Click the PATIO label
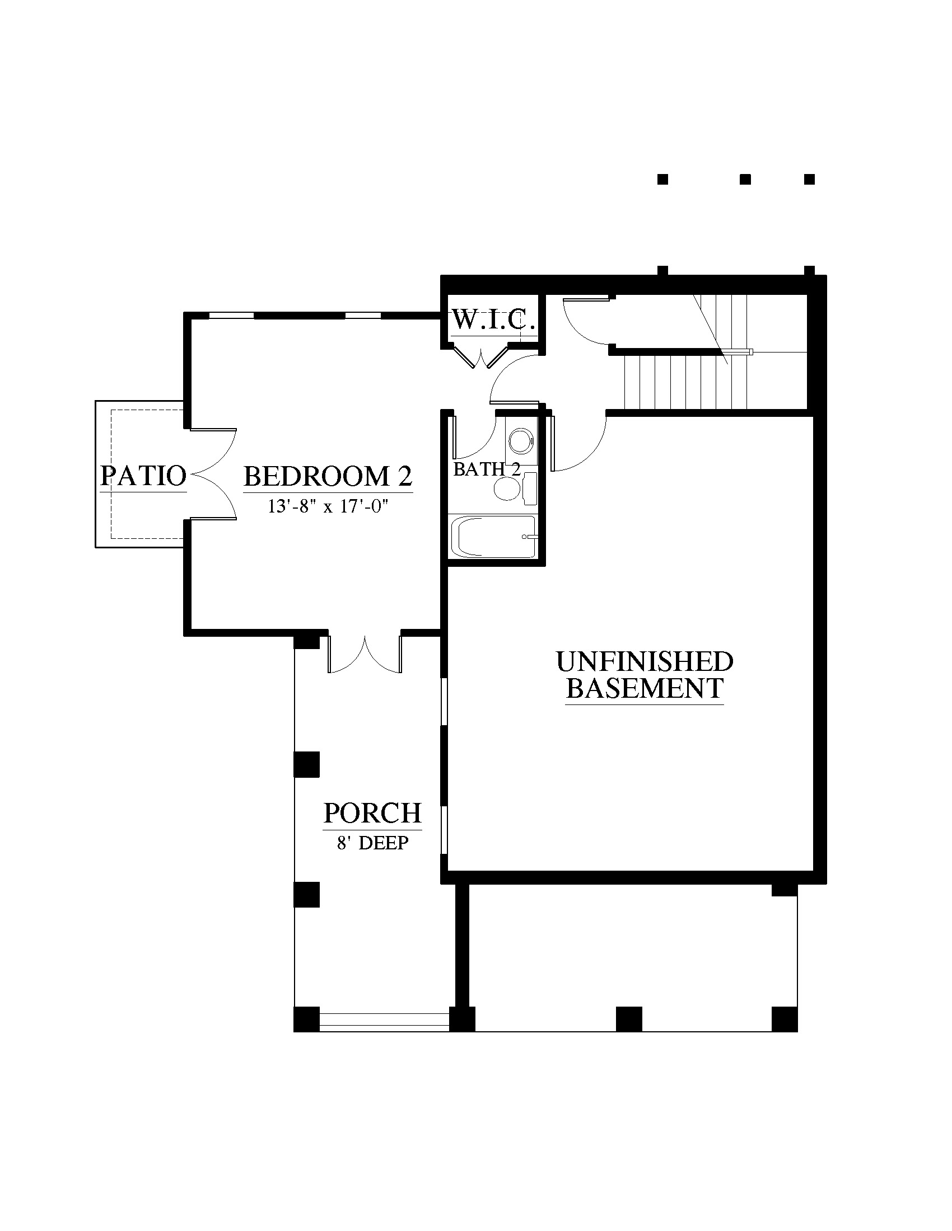click(x=143, y=476)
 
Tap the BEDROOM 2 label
click(x=328, y=476)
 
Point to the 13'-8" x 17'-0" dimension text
click(x=329, y=507)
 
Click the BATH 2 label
click(x=487, y=469)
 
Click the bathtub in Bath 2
click(x=492, y=537)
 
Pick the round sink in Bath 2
click(x=521, y=441)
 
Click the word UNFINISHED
click(x=645, y=662)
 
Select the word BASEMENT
click(x=645, y=688)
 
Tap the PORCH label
click(x=373, y=813)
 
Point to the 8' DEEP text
click(x=373, y=843)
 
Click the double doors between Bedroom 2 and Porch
click(x=365, y=654)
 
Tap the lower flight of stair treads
click(x=686, y=383)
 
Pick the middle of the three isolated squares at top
click(x=745, y=179)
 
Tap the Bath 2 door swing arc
click(x=474, y=437)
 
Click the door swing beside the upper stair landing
click(x=586, y=321)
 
